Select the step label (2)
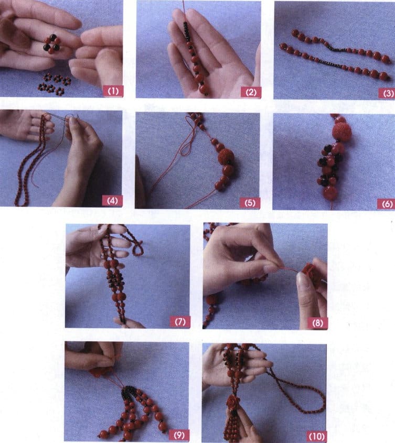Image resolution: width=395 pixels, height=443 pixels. (x=250, y=92)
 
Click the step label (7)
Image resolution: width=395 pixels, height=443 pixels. (x=180, y=321)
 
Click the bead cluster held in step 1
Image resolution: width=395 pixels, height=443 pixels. (x=51, y=44)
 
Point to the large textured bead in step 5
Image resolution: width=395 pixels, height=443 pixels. (x=226, y=158)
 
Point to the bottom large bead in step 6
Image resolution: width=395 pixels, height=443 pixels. (x=330, y=193)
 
